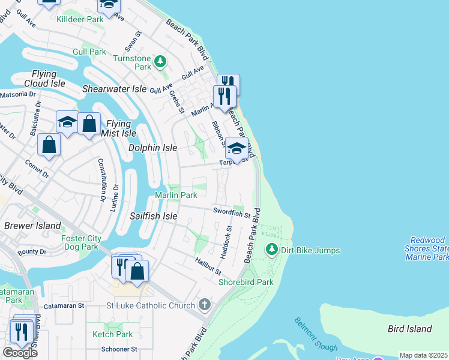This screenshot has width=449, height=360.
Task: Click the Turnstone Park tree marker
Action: (x=160, y=61)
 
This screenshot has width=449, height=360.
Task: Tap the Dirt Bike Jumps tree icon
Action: (x=272, y=250)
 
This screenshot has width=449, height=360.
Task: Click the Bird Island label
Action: (x=410, y=329)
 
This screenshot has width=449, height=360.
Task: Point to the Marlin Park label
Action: (x=176, y=196)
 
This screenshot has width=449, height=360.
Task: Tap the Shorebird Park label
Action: (x=246, y=282)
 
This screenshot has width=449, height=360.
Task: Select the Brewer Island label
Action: (x=32, y=226)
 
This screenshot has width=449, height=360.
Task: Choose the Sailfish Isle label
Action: (x=154, y=215)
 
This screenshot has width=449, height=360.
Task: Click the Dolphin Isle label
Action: (x=153, y=148)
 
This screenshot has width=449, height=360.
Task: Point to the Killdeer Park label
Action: (x=80, y=19)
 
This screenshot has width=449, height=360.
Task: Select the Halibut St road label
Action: (x=208, y=265)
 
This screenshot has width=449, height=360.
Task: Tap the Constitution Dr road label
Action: (x=101, y=179)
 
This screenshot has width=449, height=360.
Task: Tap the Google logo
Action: (x=20, y=353)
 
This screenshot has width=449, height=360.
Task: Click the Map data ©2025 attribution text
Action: (x=424, y=355)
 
